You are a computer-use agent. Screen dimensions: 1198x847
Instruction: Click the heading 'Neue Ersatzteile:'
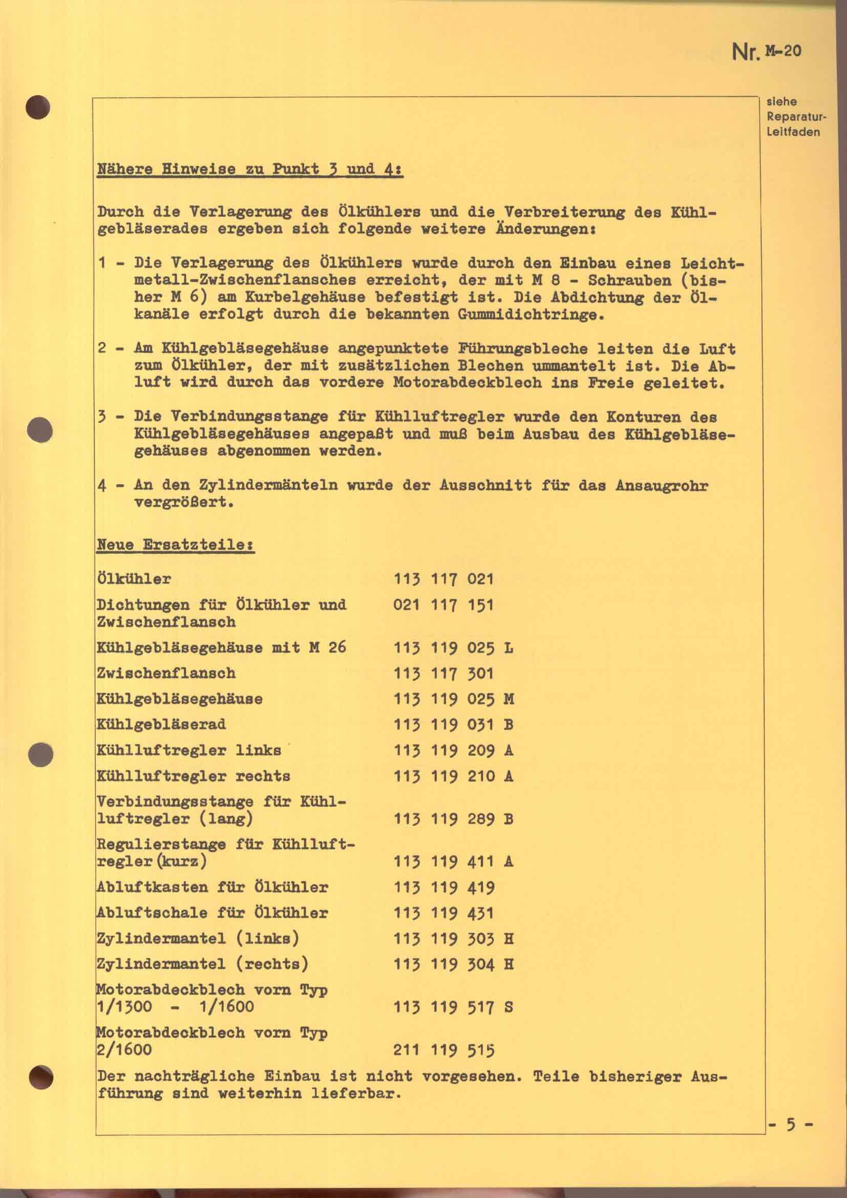175,545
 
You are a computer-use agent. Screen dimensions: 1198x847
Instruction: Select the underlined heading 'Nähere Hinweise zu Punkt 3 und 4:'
250,170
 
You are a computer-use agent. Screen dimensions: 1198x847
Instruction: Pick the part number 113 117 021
443,579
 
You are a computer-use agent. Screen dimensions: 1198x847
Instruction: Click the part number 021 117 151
443,605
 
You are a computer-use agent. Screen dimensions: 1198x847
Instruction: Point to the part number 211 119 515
443,1050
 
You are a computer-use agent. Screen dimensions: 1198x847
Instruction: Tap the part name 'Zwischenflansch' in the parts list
166,673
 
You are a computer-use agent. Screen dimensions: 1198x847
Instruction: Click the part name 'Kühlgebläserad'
161,725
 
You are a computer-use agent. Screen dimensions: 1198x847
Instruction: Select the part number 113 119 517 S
453,1007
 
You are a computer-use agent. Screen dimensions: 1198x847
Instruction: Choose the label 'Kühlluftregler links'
189,750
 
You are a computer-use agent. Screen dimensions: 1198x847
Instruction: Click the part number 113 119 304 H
453,964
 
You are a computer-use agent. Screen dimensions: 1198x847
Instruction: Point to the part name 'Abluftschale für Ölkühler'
213,913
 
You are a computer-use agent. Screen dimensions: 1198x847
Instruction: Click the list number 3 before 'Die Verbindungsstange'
102,417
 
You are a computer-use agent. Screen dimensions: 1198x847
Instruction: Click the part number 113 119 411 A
453,861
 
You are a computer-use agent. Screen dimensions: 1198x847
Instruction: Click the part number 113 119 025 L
453,648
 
